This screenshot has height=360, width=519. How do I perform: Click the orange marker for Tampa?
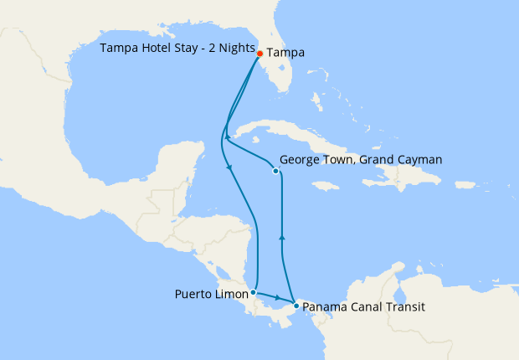click(260, 53)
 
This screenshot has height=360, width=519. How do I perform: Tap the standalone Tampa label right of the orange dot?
click(285, 53)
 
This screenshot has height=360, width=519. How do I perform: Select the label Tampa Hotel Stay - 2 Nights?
click(177, 48)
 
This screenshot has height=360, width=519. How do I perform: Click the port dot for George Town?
click(276, 171)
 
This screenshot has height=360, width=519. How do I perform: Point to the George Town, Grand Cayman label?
click(361, 159)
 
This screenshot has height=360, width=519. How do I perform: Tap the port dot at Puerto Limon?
click(253, 293)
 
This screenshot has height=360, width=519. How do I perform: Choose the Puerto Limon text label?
click(212, 294)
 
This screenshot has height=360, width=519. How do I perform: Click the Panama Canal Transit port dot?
click(295, 306)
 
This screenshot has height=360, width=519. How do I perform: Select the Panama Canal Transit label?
click(363, 307)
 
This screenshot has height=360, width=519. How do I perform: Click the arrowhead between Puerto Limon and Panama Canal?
click(278, 298)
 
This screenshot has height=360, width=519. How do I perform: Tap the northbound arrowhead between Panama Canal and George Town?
click(281, 238)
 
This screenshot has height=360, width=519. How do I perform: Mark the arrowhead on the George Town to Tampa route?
click(227, 136)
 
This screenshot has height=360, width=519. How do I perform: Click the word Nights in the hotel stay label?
click(235, 48)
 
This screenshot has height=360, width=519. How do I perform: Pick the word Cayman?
click(419, 159)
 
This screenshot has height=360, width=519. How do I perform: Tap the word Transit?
click(403, 307)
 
